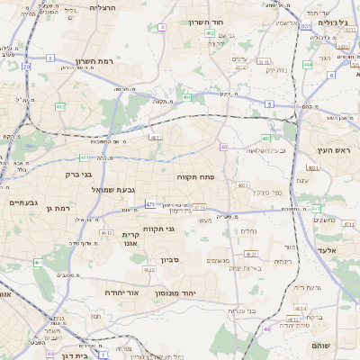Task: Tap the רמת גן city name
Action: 58,208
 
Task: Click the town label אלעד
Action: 326,249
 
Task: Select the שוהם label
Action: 320,345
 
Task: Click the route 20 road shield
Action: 27,66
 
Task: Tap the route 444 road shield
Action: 307,64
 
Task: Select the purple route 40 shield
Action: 223,147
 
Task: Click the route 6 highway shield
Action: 330,75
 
